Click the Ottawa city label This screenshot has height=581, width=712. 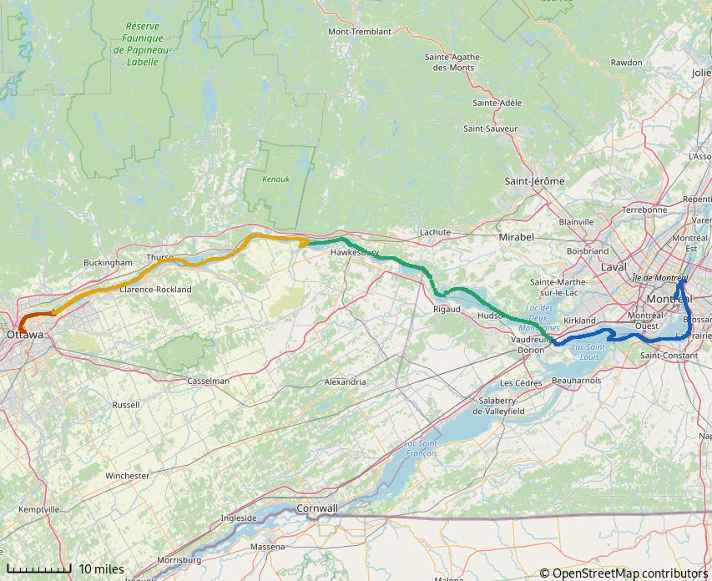(24, 335)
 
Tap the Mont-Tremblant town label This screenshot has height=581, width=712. (359, 32)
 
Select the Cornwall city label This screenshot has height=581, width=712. (317, 508)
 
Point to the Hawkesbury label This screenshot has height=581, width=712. (355, 252)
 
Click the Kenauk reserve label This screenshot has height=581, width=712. (275, 179)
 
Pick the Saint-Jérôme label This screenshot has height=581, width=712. (534, 181)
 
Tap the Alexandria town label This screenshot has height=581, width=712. (345, 382)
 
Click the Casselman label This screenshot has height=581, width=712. (209, 381)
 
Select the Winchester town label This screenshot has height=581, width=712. (127, 476)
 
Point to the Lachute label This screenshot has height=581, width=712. (435, 232)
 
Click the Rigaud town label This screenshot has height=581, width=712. (447, 309)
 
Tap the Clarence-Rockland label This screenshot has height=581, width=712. (155, 290)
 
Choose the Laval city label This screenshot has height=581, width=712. (614, 267)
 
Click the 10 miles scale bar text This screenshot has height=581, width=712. (101, 569)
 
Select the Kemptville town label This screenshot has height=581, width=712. (38, 509)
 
